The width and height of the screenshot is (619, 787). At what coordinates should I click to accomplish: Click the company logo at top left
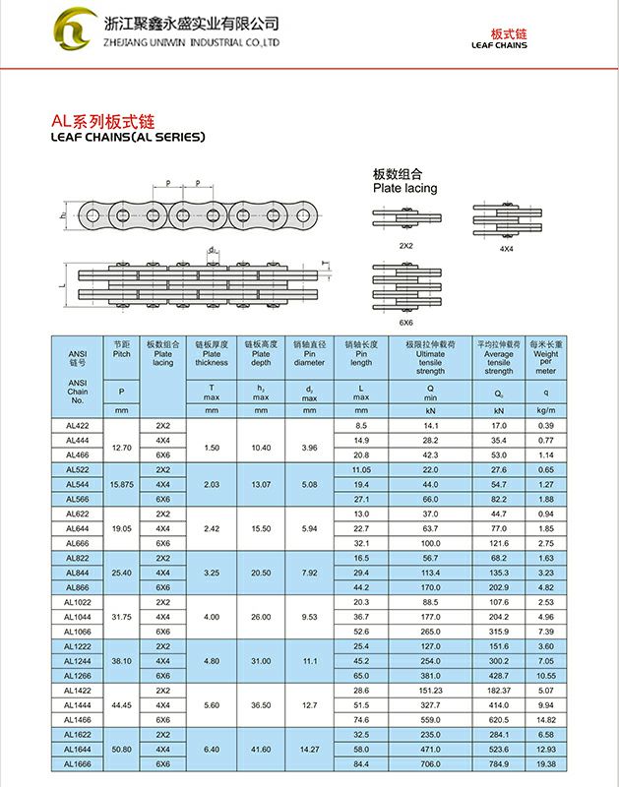(x=75, y=30)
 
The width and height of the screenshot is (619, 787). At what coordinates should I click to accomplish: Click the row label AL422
(x=78, y=425)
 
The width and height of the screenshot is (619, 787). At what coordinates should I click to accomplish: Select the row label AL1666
(x=78, y=763)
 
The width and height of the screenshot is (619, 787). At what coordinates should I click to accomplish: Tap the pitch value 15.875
(x=122, y=484)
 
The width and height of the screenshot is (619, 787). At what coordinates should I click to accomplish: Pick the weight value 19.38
(x=546, y=763)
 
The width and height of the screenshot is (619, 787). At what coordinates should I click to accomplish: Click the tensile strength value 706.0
(x=430, y=763)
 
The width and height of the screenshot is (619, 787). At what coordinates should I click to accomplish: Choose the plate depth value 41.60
(x=261, y=749)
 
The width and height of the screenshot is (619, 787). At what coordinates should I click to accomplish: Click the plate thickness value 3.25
(x=211, y=572)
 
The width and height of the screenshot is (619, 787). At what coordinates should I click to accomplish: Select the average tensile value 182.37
(x=499, y=691)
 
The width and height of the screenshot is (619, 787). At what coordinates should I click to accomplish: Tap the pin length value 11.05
(x=361, y=469)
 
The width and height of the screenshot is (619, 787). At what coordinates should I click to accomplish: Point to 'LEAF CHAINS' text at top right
(x=499, y=45)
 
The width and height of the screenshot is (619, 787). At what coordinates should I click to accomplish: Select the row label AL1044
(x=78, y=617)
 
